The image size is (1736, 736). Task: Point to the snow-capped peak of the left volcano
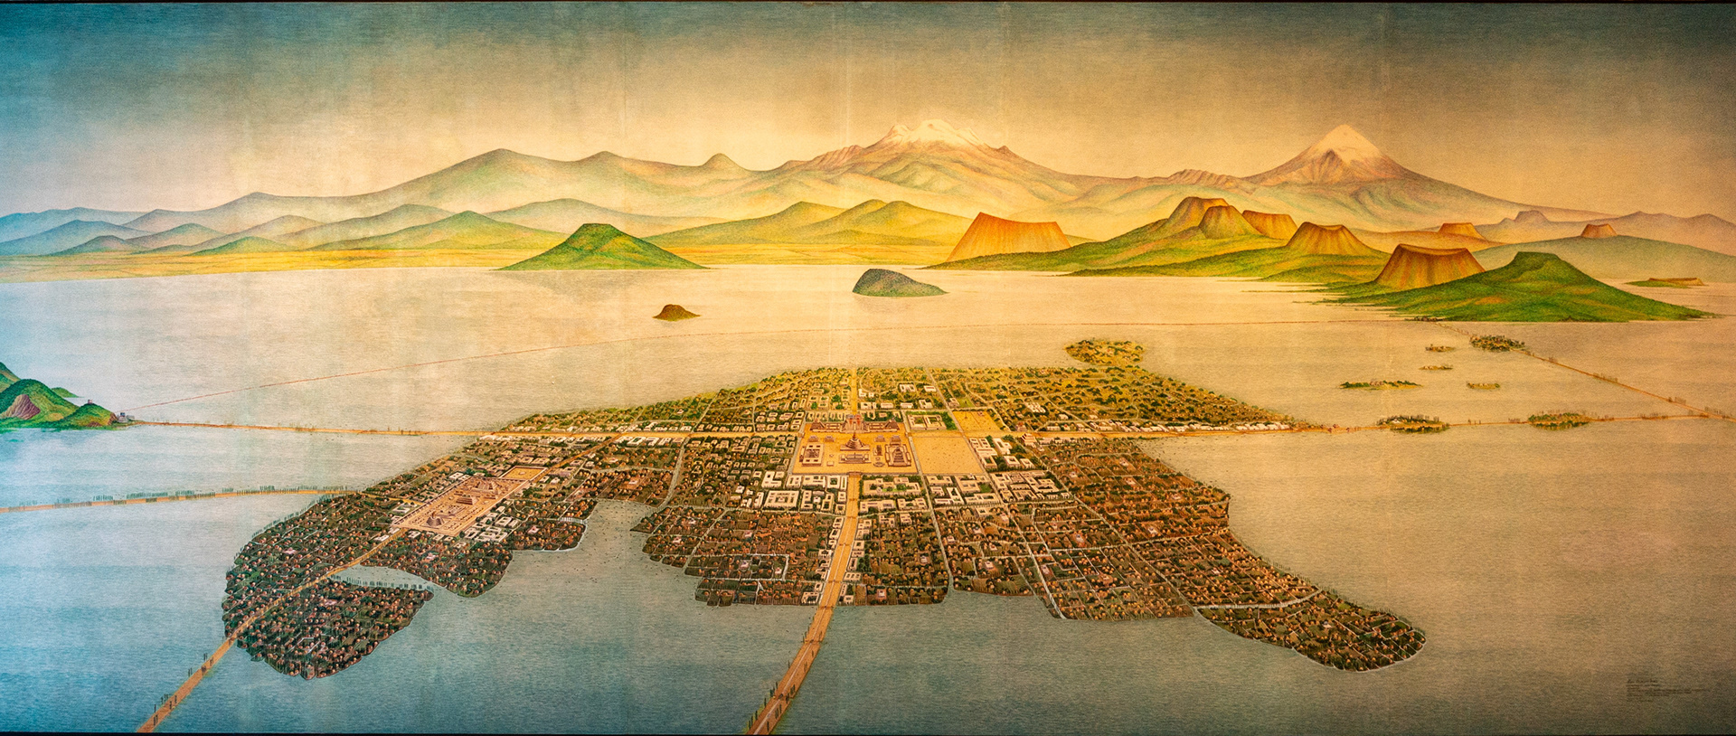coord(931,131)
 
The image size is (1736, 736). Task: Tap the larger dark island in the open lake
coord(895,284)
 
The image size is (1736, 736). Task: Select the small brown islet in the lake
coord(675,313)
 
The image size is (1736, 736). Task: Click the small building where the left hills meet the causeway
coord(123,418)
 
